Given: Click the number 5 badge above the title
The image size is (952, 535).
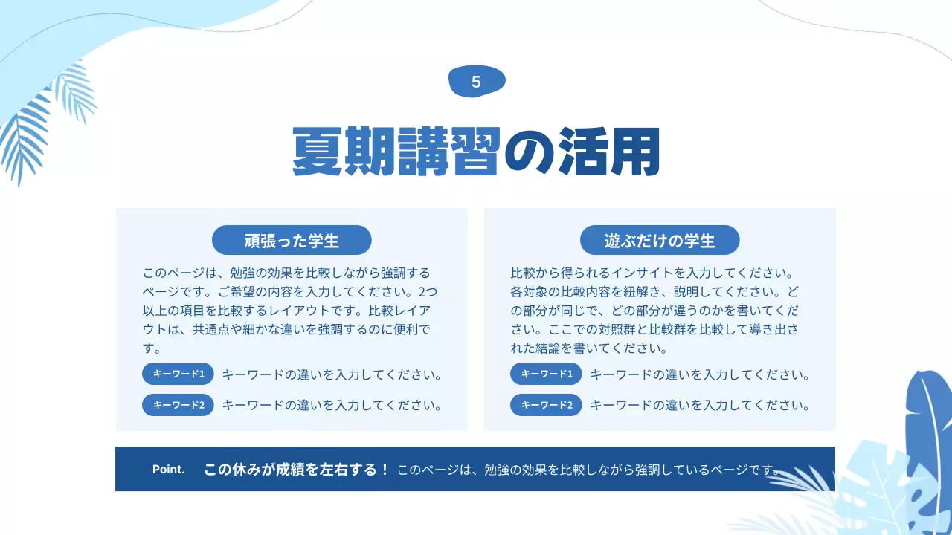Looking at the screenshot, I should [477, 82].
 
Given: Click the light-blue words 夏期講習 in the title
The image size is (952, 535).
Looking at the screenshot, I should [395, 152].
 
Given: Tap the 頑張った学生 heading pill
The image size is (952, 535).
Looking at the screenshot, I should [292, 240].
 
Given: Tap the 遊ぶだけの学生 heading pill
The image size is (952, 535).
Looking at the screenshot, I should [660, 240].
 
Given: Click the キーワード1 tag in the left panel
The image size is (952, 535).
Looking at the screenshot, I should [178, 374].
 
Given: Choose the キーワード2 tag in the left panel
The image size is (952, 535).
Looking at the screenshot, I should [178, 405].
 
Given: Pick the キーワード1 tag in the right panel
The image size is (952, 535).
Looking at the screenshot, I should [546, 374].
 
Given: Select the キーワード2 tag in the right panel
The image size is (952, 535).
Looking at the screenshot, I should [546, 405].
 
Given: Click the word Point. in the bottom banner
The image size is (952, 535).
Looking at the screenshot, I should [168, 469].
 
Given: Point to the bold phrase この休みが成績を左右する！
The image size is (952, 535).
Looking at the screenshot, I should [296, 469].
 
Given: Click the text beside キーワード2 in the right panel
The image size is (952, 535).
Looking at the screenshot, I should [699, 405].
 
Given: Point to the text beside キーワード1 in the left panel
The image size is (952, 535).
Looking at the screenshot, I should [332, 374].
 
